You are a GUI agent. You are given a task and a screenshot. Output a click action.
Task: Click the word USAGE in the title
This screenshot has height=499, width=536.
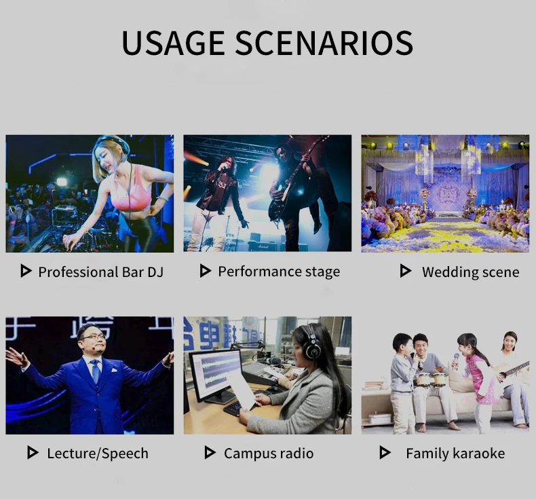172,43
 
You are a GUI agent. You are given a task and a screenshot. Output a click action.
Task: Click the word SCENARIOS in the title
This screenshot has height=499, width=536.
324,43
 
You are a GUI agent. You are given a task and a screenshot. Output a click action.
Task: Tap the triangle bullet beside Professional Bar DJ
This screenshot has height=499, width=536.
26,270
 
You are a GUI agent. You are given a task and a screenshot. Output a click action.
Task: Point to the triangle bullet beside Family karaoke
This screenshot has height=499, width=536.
385,452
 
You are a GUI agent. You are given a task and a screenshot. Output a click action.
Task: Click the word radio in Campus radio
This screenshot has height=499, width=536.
296,453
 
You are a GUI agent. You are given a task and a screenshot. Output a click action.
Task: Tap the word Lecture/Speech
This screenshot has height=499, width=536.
98,454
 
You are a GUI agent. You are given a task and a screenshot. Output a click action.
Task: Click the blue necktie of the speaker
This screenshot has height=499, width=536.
96,371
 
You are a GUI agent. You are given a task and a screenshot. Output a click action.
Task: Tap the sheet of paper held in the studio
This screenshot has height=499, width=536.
242,390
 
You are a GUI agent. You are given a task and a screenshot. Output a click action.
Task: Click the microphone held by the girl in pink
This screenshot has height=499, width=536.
456,361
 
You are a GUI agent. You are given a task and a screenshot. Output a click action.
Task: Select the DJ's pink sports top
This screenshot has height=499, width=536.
132,190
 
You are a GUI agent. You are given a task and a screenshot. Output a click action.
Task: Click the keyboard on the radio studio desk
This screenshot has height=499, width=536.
237,407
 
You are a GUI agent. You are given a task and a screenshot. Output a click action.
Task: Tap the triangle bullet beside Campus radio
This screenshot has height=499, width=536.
210,452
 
